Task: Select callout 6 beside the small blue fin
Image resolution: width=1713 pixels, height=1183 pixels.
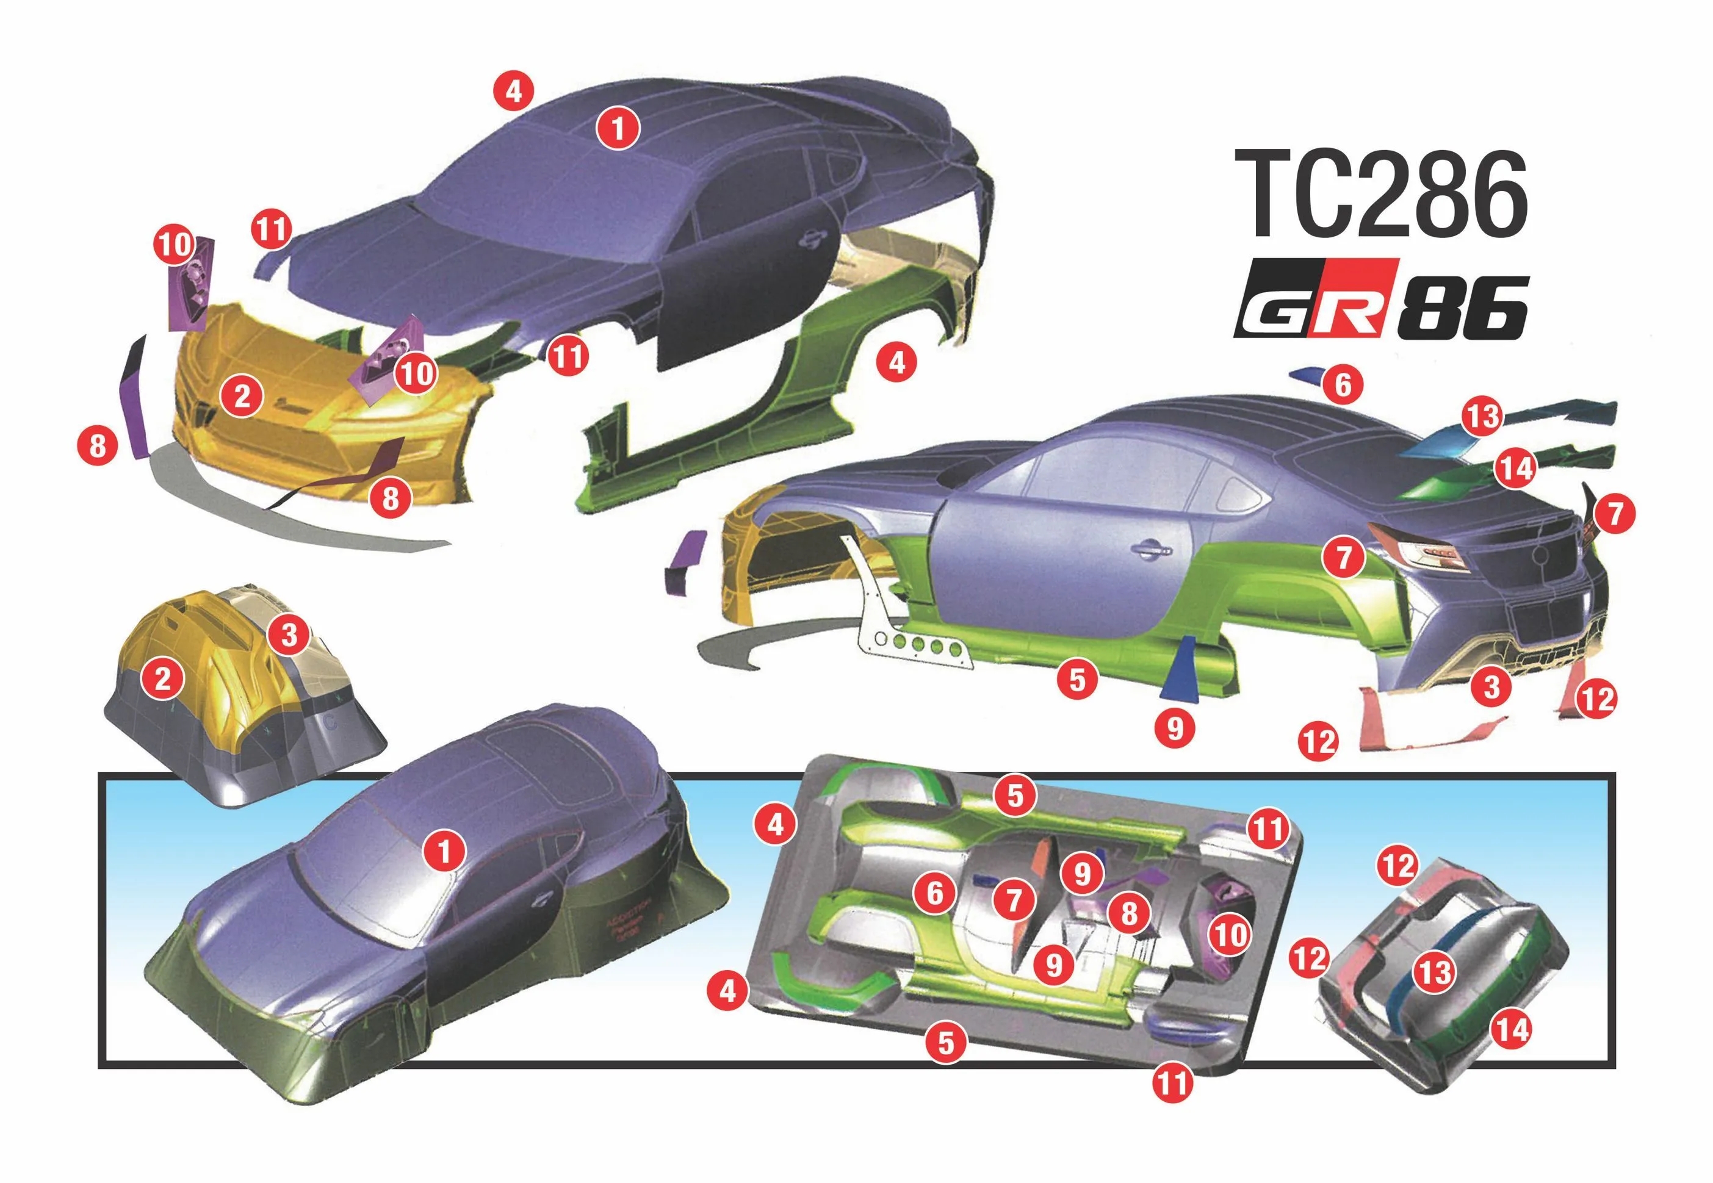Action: pos(1343,385)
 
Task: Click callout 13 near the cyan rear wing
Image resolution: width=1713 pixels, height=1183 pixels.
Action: pos(1482,417)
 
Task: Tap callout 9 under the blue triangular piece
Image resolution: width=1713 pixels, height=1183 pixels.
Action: pos(1175,728)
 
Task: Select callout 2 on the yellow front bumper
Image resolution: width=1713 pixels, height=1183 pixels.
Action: pos(242,397)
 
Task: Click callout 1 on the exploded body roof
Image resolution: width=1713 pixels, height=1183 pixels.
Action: pos(618,129)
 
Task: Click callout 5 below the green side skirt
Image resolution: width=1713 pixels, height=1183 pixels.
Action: pos(1077,679)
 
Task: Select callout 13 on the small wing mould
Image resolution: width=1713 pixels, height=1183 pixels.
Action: pos(1434,972)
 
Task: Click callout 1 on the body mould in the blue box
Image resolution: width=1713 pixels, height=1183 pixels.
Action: pos(444,850)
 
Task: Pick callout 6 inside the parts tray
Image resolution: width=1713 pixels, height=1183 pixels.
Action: pos(935,893)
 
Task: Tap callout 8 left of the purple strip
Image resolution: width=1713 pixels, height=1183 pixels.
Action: pos(97,447)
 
